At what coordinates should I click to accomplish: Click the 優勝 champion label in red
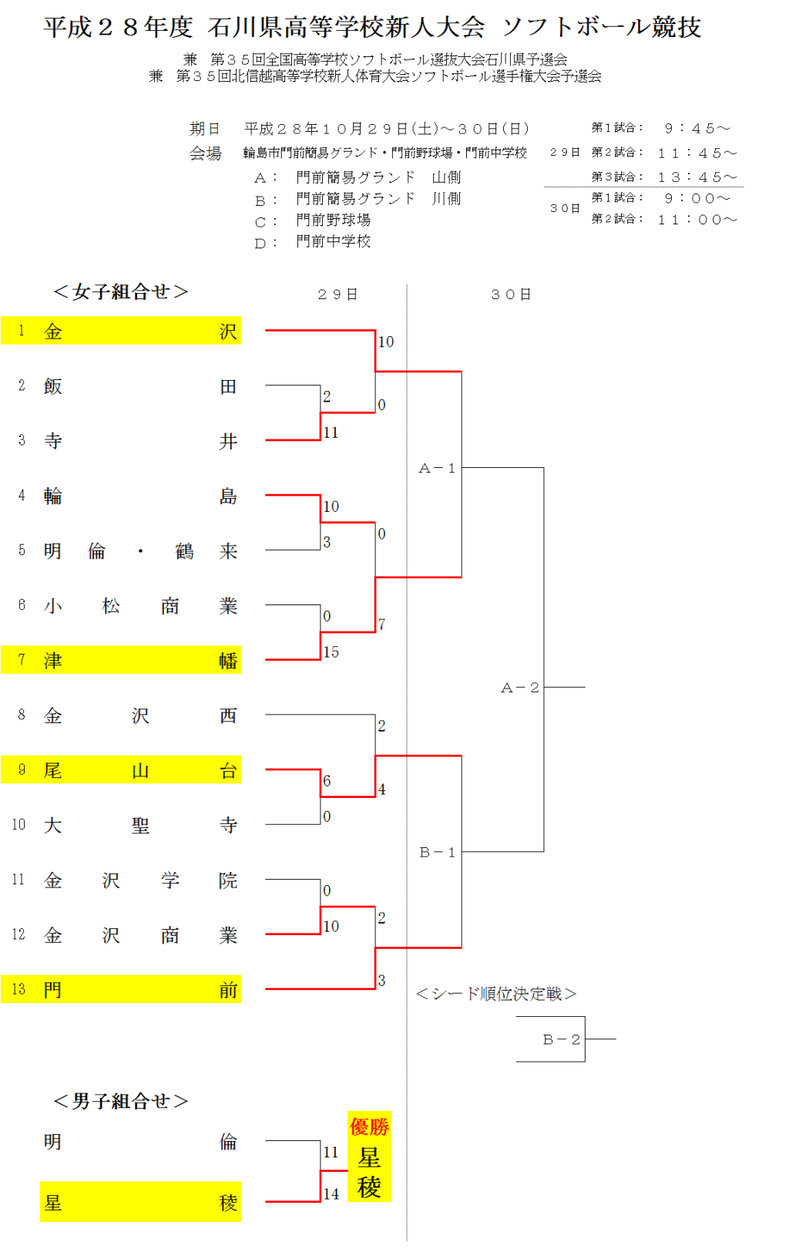click(x=369, y=1127)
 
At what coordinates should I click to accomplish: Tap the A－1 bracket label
click(x=437, y=468)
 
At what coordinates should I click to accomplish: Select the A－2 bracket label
click(x=520, y=687)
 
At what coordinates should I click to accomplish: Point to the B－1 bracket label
click(x=437, y=852)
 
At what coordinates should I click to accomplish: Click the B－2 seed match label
click(x=561, y=1039)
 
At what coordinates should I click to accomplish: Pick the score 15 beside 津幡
click(x=331, y=652)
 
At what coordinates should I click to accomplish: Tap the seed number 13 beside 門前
click(x=18, y=989)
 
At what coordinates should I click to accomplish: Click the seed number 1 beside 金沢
click(x=22, y=331)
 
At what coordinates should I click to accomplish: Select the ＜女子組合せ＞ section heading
click(x=121, y=291)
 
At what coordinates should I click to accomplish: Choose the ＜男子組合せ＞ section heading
click(x=121, y=1101)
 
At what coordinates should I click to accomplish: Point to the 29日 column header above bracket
click(x=337, y=295)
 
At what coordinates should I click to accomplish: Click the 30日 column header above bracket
click(x=511, y=295)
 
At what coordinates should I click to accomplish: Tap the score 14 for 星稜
click(x=331, y=1193)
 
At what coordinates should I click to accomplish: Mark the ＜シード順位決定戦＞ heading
click(x=496, y=994)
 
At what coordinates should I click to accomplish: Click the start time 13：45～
click(x=697, y=177)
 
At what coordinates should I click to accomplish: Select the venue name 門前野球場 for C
click(x=334, y=220)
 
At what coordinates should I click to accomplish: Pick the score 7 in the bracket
click(x=381, y=624)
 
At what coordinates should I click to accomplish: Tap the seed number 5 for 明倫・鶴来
click(x=22, y=550)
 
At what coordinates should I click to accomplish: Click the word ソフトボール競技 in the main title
click(x=602, y=27)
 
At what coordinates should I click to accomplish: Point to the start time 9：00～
click(x=697, y=198)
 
